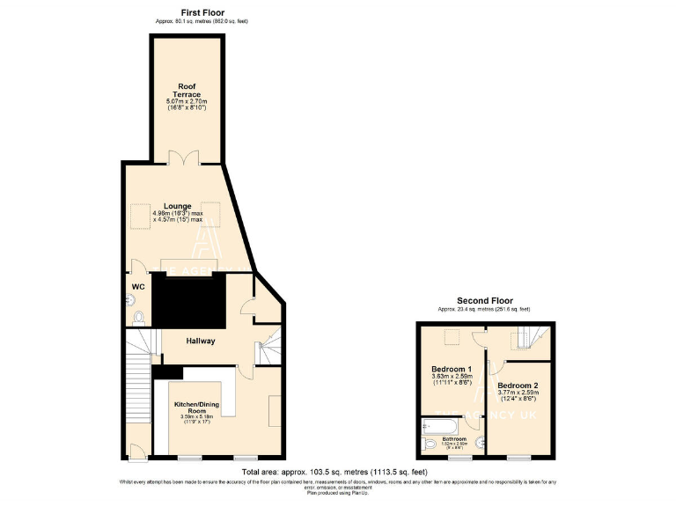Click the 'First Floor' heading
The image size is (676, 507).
[x=184, y=12]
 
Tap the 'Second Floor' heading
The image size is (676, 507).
[x=484, y=301]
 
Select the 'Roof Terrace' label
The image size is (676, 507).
[x=186, y=91]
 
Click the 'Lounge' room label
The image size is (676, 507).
[x=177, y=207]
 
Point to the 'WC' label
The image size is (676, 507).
[x=137, y=287]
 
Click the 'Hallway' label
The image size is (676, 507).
[x=200, y=341]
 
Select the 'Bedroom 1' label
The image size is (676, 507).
[x=451, y=369]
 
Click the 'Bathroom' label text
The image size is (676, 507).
[x=455, y=437]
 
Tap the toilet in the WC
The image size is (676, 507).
[x=138, y=318]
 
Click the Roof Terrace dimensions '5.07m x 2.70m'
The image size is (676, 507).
[x=186, y=102]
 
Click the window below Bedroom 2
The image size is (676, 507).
[x=518, y=458]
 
